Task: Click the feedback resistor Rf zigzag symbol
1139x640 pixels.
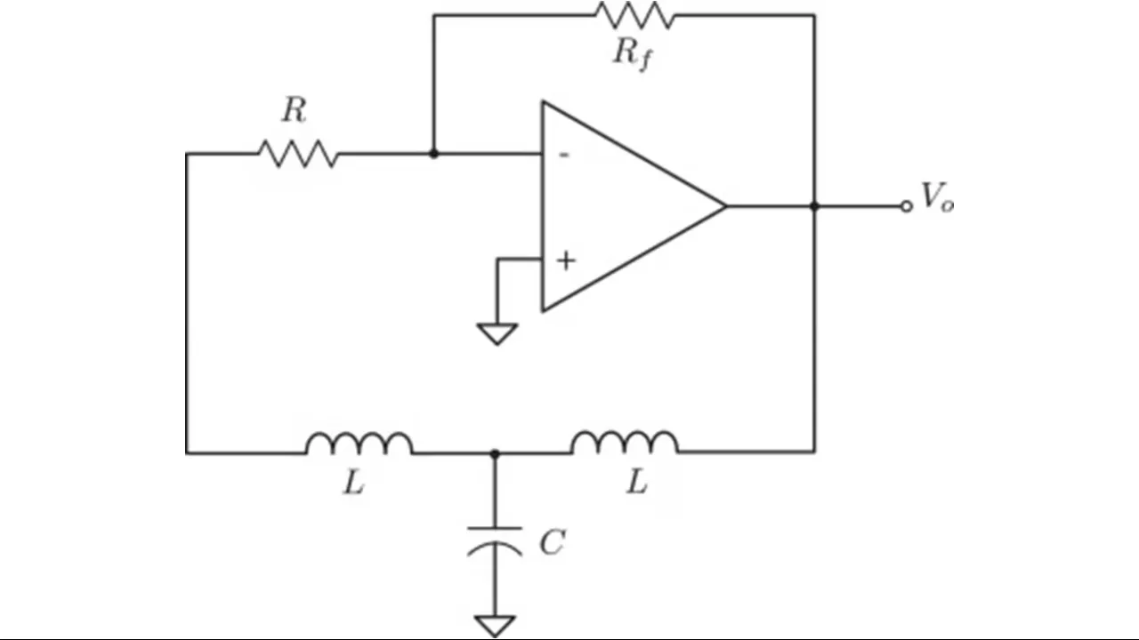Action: (635, 15)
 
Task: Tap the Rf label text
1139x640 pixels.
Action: (632, 54)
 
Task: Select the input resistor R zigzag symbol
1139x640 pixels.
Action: (298, 154)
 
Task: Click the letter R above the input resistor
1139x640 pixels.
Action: (295, 109)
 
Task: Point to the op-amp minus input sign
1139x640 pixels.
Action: (564, 155)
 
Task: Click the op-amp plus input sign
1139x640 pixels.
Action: (566, 260)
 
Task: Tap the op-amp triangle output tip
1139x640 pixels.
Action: (725, 206)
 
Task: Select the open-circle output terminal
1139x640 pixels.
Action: (906, 206)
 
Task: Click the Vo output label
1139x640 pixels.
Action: (937, 196)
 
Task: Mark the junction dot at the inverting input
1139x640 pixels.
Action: (433, 154)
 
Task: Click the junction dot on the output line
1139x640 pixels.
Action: (814, 206)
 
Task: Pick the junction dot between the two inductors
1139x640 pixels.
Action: (495, 453)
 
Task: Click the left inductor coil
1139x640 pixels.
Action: (359, 443)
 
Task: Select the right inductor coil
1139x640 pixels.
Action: (625, 442)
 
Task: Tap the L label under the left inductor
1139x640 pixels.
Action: (354, 482)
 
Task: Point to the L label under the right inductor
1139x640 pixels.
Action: (636, 481)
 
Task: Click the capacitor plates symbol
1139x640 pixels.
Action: (495, 541)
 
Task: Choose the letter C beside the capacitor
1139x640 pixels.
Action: (553, 542)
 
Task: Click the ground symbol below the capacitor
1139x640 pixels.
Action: (495, 626)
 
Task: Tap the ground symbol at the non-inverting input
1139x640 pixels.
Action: (497, 333)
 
